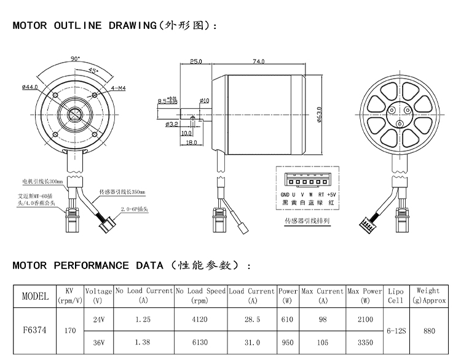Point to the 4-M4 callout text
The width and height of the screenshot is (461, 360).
[119, 88]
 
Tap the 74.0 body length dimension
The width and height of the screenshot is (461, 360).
[258, 61]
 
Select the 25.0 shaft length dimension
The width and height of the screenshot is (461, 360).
[196, 61]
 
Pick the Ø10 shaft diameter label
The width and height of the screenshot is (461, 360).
[204, 100]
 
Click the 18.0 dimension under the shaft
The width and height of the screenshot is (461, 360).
[191, 143]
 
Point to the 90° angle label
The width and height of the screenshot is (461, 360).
[75, 59]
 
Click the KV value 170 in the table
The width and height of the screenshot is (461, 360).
[69, 331]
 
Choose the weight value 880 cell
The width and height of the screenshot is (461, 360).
[429, 331]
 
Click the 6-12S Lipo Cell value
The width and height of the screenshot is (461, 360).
[396, 331]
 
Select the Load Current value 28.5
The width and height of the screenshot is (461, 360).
[252, 319]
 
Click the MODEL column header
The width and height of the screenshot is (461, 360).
[35, 295]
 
